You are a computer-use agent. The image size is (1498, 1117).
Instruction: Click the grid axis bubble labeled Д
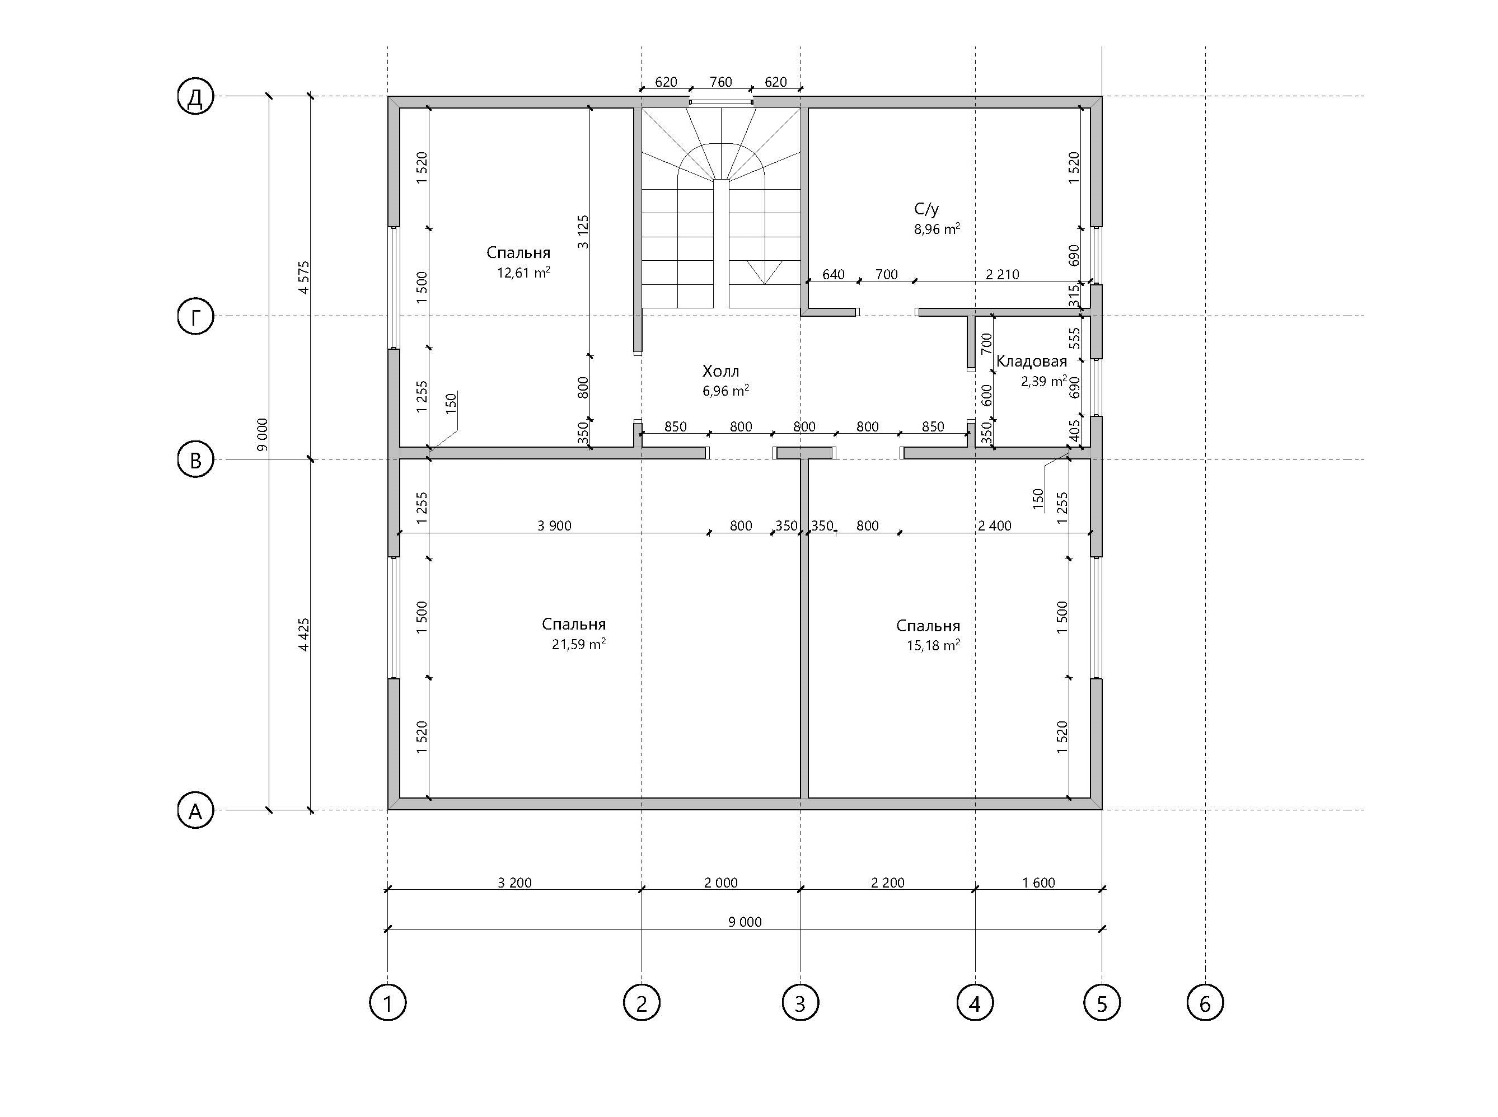195,97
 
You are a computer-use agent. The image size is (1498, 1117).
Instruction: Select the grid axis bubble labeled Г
195,316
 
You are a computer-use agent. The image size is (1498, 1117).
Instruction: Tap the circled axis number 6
1205,1002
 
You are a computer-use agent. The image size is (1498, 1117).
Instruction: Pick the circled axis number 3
800,1002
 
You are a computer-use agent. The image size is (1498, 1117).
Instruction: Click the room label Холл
721,371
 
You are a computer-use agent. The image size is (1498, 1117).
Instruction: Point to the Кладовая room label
1031,361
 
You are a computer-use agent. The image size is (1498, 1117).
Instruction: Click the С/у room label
926,209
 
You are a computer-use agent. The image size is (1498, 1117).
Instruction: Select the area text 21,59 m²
579,644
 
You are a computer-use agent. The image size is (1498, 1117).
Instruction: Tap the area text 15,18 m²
933,645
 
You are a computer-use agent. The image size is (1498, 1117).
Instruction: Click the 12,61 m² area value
523,273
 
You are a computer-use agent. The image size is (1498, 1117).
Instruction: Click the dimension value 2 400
995,525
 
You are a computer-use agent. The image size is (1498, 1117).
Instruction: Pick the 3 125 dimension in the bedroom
583,232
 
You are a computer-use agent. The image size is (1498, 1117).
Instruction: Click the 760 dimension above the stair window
721,82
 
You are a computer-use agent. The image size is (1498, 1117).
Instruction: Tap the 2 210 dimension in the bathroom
1002,274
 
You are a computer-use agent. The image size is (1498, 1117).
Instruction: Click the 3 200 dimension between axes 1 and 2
514,883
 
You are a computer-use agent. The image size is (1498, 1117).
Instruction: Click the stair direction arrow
765,271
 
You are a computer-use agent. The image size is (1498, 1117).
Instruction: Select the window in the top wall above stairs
721,102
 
